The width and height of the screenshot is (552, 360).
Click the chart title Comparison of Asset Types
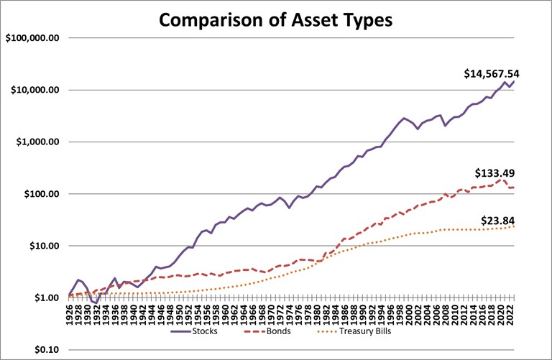[275, 19]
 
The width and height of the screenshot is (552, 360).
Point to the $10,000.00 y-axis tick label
[34, 90]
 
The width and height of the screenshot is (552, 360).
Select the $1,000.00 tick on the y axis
[37, 142]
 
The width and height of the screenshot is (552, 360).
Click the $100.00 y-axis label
[40, 194]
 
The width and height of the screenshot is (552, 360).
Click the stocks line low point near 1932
[96, 302]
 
